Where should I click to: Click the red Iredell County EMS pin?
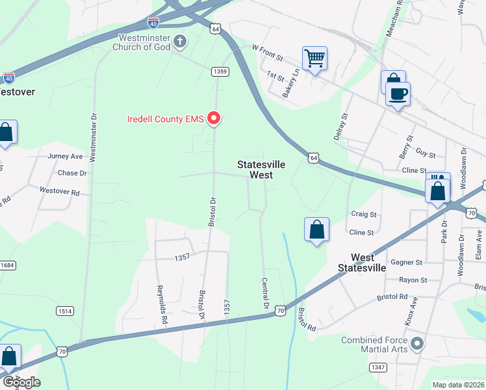click(x=214, y=118)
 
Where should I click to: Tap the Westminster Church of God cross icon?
click(x=180, y=43)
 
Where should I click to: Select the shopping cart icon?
click(x=314, y=58)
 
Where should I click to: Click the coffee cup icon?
click(x=398, y=94)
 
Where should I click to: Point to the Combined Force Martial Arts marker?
click(x=416, y=343)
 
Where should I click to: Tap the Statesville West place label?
click(x=254, y=170)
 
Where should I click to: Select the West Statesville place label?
click(x=362, y=263)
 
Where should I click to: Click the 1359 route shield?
click(x=220, y=71)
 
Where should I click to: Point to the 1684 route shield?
click(x=6, y=265)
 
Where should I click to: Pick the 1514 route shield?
click(x=64, y=311)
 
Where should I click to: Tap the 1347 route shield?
click(x=378, y=367)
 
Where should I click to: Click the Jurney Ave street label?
click(x=66, y=157)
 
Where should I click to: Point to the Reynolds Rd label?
click(x=162, y=304)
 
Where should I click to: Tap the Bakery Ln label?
click(x=289, y=83)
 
